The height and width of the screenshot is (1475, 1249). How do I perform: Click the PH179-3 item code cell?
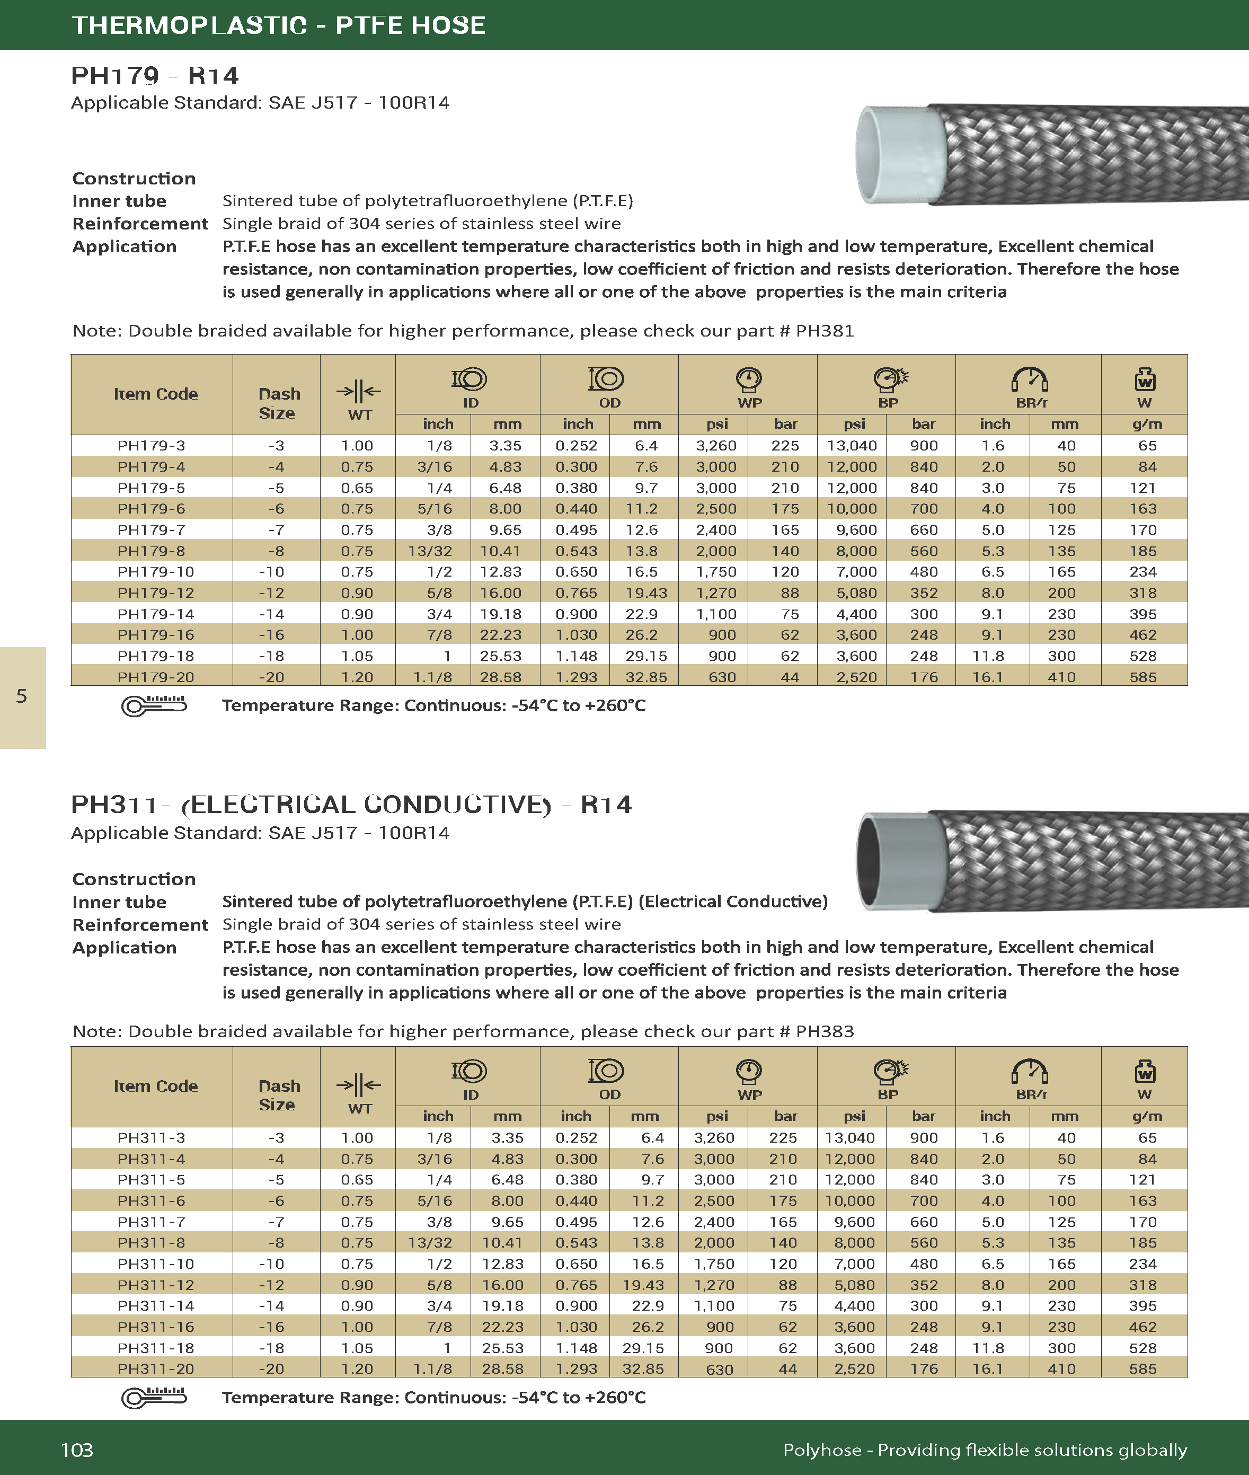pyautogui.click(x=151, y=445)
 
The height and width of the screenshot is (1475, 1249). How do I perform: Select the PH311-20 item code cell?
pyautogui.click(x=155, y=1369)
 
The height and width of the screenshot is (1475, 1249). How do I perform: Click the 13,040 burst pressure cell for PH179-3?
pyautogui.click(x=852, y=445)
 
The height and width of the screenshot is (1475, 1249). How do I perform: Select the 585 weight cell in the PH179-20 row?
pyautogui.click(x=1143, y=677)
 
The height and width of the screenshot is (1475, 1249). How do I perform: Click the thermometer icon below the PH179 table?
pyautogui.click(x=154, y=705)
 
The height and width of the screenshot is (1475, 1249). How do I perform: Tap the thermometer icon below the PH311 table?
pyautogui.click(x=154, y=1397)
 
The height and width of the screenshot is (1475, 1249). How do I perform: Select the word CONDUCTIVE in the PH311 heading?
pyautogui.click(x=457, y=805)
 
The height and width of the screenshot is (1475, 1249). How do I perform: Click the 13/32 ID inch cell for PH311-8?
pyautogui.click(x=429, y=1243)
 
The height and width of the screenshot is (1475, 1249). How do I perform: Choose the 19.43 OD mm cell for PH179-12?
pyautogui.click(x=645, y=593)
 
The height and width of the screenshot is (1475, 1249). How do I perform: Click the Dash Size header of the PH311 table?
pyautogui.click(x=278, y=1095)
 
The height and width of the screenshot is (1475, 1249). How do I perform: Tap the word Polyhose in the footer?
pyautogui.click(x=821, y=1450)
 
